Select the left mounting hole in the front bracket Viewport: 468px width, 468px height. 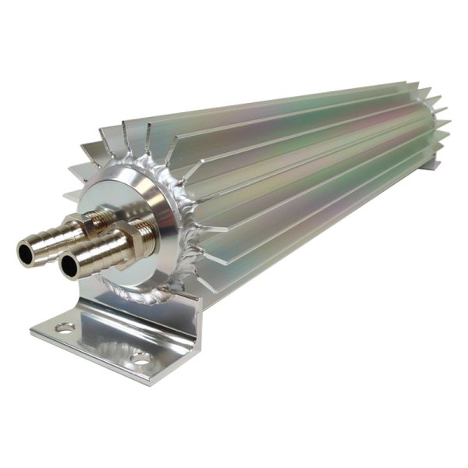tap(65, 328)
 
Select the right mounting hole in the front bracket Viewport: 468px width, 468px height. tap(141, 358)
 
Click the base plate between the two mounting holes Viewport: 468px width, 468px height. tap(101, 343)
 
